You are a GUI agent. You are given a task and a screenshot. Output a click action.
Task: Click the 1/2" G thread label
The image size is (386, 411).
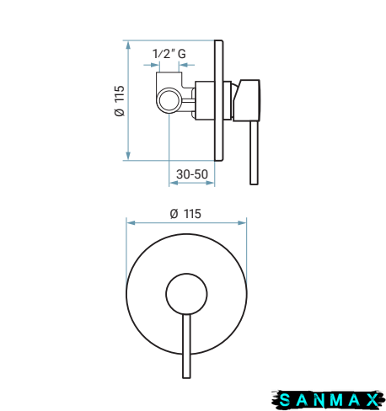[x=169, y=53]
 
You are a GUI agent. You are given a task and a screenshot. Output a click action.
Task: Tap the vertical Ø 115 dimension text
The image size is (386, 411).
[x=120, y=101]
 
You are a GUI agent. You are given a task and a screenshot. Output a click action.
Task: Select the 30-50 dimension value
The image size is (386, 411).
[x=192, y=174]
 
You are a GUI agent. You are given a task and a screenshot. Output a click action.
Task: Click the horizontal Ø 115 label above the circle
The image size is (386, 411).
[x=185, y=214]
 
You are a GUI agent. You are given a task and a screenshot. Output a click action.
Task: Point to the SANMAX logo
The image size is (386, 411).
[x=328, y=399]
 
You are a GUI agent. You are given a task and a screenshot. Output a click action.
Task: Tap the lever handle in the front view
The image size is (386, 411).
[x=186, y=346]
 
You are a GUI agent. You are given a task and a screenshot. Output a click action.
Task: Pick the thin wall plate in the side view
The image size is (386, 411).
[x=219, y=101]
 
